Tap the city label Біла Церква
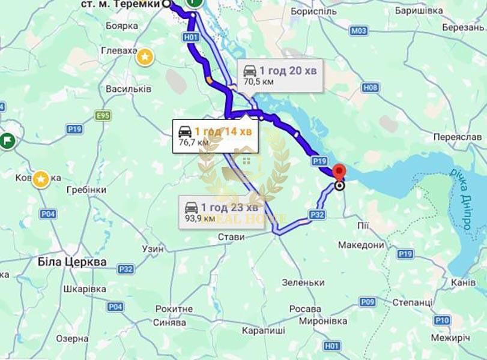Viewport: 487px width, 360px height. pyautogui.click(x=71, y=262)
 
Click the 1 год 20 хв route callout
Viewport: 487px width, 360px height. pyautogui.click(x=280, y=75)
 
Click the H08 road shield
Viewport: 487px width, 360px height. pyautogui.click(x=371, y=88)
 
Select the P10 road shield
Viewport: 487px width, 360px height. pyautogui.click(x=442, y=320)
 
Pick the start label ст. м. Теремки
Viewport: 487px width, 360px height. pyautogui.click(x=121, y=4)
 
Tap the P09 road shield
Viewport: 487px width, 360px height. pyautogui.click(x=368, y=301)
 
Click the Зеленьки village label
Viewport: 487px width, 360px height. pyautogui.click(x=303, y=282)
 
